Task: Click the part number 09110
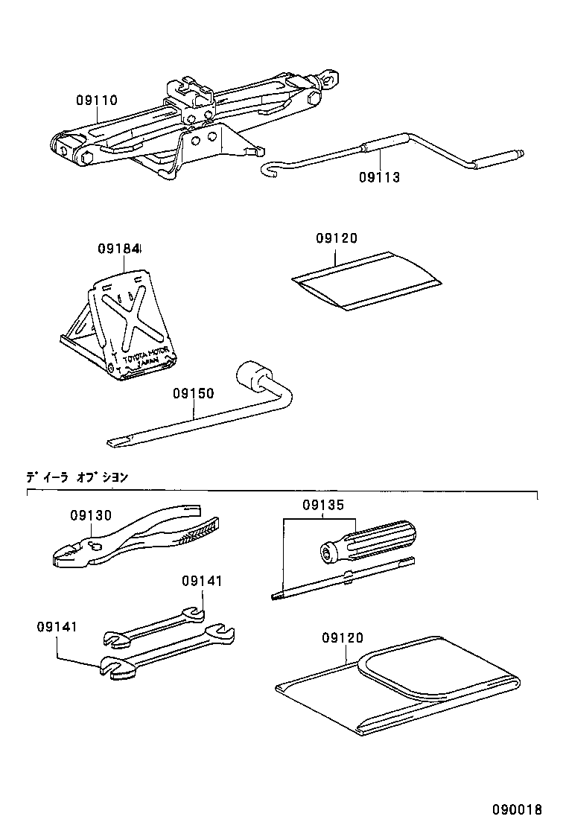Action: click(96, 100)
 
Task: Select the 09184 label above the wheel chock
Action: click(119, 249)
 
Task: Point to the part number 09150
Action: click(193, 393)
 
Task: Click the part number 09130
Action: click(91, 515)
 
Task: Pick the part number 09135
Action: click(323, 505)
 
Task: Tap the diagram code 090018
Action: click(516, 809)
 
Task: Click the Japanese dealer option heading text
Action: click(77, 477)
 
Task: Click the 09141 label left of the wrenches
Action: click(57, 627)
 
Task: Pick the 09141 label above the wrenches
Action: click(201, 581)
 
